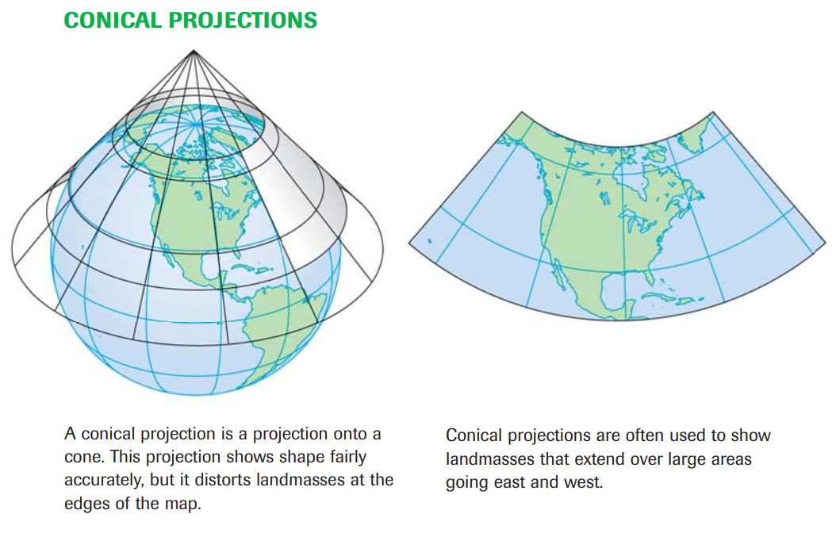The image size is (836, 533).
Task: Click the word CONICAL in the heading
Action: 113,21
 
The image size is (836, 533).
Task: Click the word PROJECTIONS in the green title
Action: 243,21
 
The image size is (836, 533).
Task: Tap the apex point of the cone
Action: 194,51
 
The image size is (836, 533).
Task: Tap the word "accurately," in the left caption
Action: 104,480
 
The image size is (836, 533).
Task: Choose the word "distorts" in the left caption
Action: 224,480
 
